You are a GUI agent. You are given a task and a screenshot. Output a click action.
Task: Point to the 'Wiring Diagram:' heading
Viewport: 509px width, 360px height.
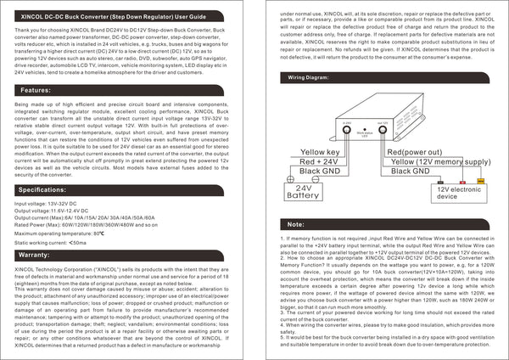tap(310, 76)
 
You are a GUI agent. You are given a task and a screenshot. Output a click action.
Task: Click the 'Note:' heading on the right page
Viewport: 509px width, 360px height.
tap(296, 224)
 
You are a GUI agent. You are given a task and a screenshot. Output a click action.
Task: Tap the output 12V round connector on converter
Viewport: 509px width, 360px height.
tap(383, 132)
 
